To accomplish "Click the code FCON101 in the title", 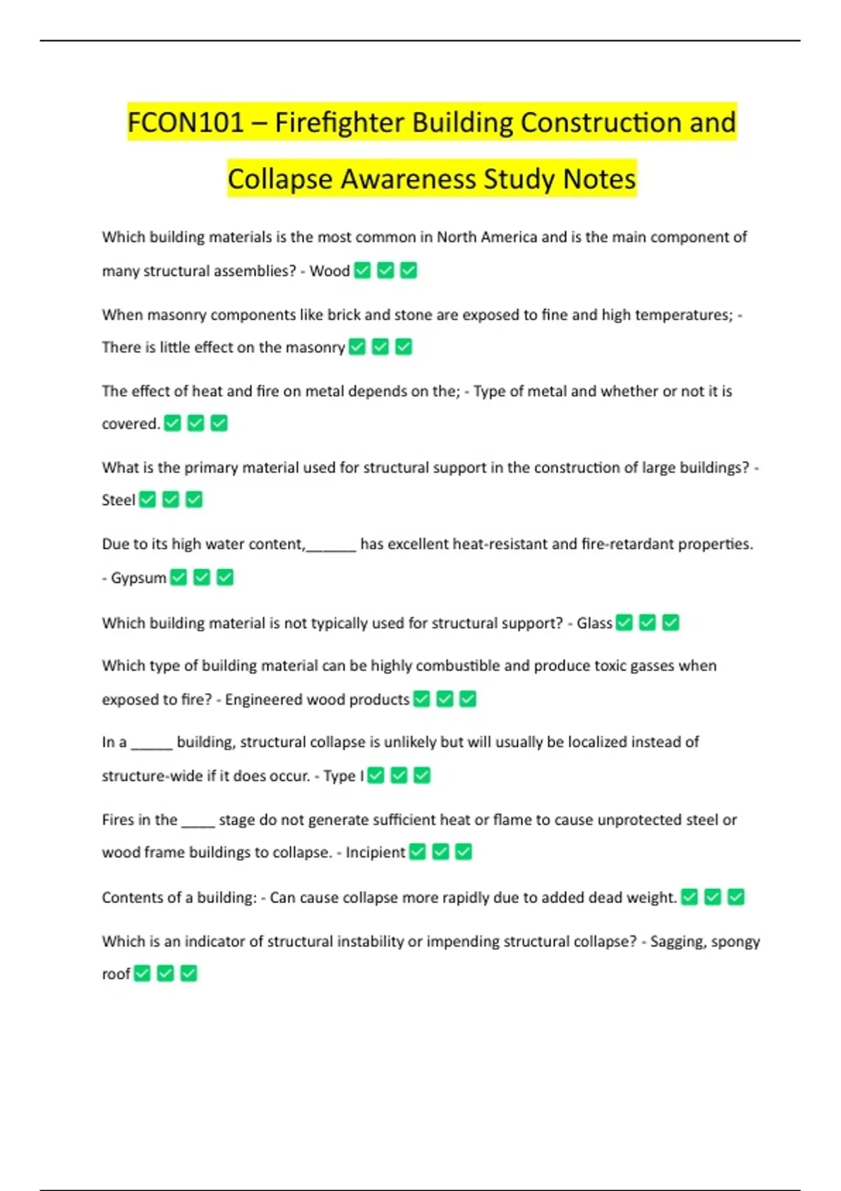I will click(x=185, y=123).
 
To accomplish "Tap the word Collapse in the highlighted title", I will click(x=280, y=179).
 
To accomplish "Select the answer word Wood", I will click(x=329, y=271).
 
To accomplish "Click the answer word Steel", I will click(x=118, y=500).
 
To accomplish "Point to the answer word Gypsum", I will click(x=139, y=578).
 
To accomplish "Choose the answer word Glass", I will click(x=594, y=623).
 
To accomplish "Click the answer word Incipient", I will click(x=375, y=853).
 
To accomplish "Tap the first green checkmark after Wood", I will click(x=362, y=270).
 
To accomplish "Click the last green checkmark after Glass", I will click(x=671, y=622).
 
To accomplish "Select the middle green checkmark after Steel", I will click(x=171, y=500).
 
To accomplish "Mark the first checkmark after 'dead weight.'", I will click(x=690, y=897).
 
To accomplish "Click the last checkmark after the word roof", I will click(x=189, y=973).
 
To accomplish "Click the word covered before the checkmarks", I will click(x=130, y=424).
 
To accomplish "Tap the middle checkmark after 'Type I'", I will click(x=399, y=776).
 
